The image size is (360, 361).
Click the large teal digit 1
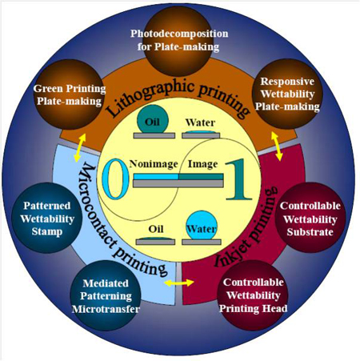[x=238, y=179]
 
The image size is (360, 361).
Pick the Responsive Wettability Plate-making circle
[x=287, y=94]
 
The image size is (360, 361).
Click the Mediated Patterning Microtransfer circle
[x=106, y=295]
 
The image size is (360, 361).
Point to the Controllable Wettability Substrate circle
[x=310, y=218]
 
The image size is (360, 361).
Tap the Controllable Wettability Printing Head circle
[x=253, y=295]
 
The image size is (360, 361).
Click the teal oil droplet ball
[x=153, y=119]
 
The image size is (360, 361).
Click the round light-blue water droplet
[x=202, y=225]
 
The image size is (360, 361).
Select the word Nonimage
[x=154, y=164]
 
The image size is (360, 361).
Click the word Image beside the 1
[x=202, y=164]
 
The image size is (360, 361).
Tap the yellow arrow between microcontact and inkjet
[x=179, y=283]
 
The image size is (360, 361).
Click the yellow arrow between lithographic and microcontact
[x=80, y=148]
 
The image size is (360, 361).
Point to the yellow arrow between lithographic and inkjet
[x=277, y=146]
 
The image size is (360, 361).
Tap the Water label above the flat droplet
[x=200, y=122]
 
